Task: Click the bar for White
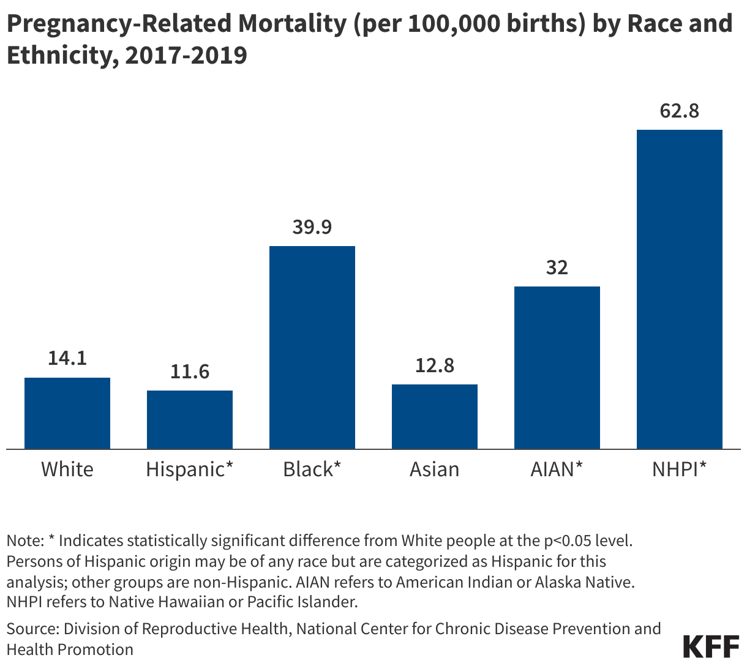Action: [x=67, y=413]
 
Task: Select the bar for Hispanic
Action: [x=190, y=420]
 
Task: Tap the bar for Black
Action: [x=312, y=347]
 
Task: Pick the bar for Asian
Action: [x=435, y=416]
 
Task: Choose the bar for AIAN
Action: [x=557, y=367]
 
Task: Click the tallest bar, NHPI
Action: [x=680, y=289]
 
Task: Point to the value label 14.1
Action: [x=67, y=358]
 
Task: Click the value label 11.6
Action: [x=190, y=371]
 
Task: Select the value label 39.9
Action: [x=312, y=226]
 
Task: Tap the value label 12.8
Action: [x=435, y=365]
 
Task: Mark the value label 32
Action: [x=557, y=267]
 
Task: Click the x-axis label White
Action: [x=67, y=470]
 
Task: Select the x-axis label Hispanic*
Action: [x=190, y=470]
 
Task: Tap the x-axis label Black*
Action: [x=312, y=470]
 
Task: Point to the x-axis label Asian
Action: [x=435, y=470]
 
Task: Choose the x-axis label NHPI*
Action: [x=680, y=470]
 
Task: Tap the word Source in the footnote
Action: [x=31, y=629]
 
